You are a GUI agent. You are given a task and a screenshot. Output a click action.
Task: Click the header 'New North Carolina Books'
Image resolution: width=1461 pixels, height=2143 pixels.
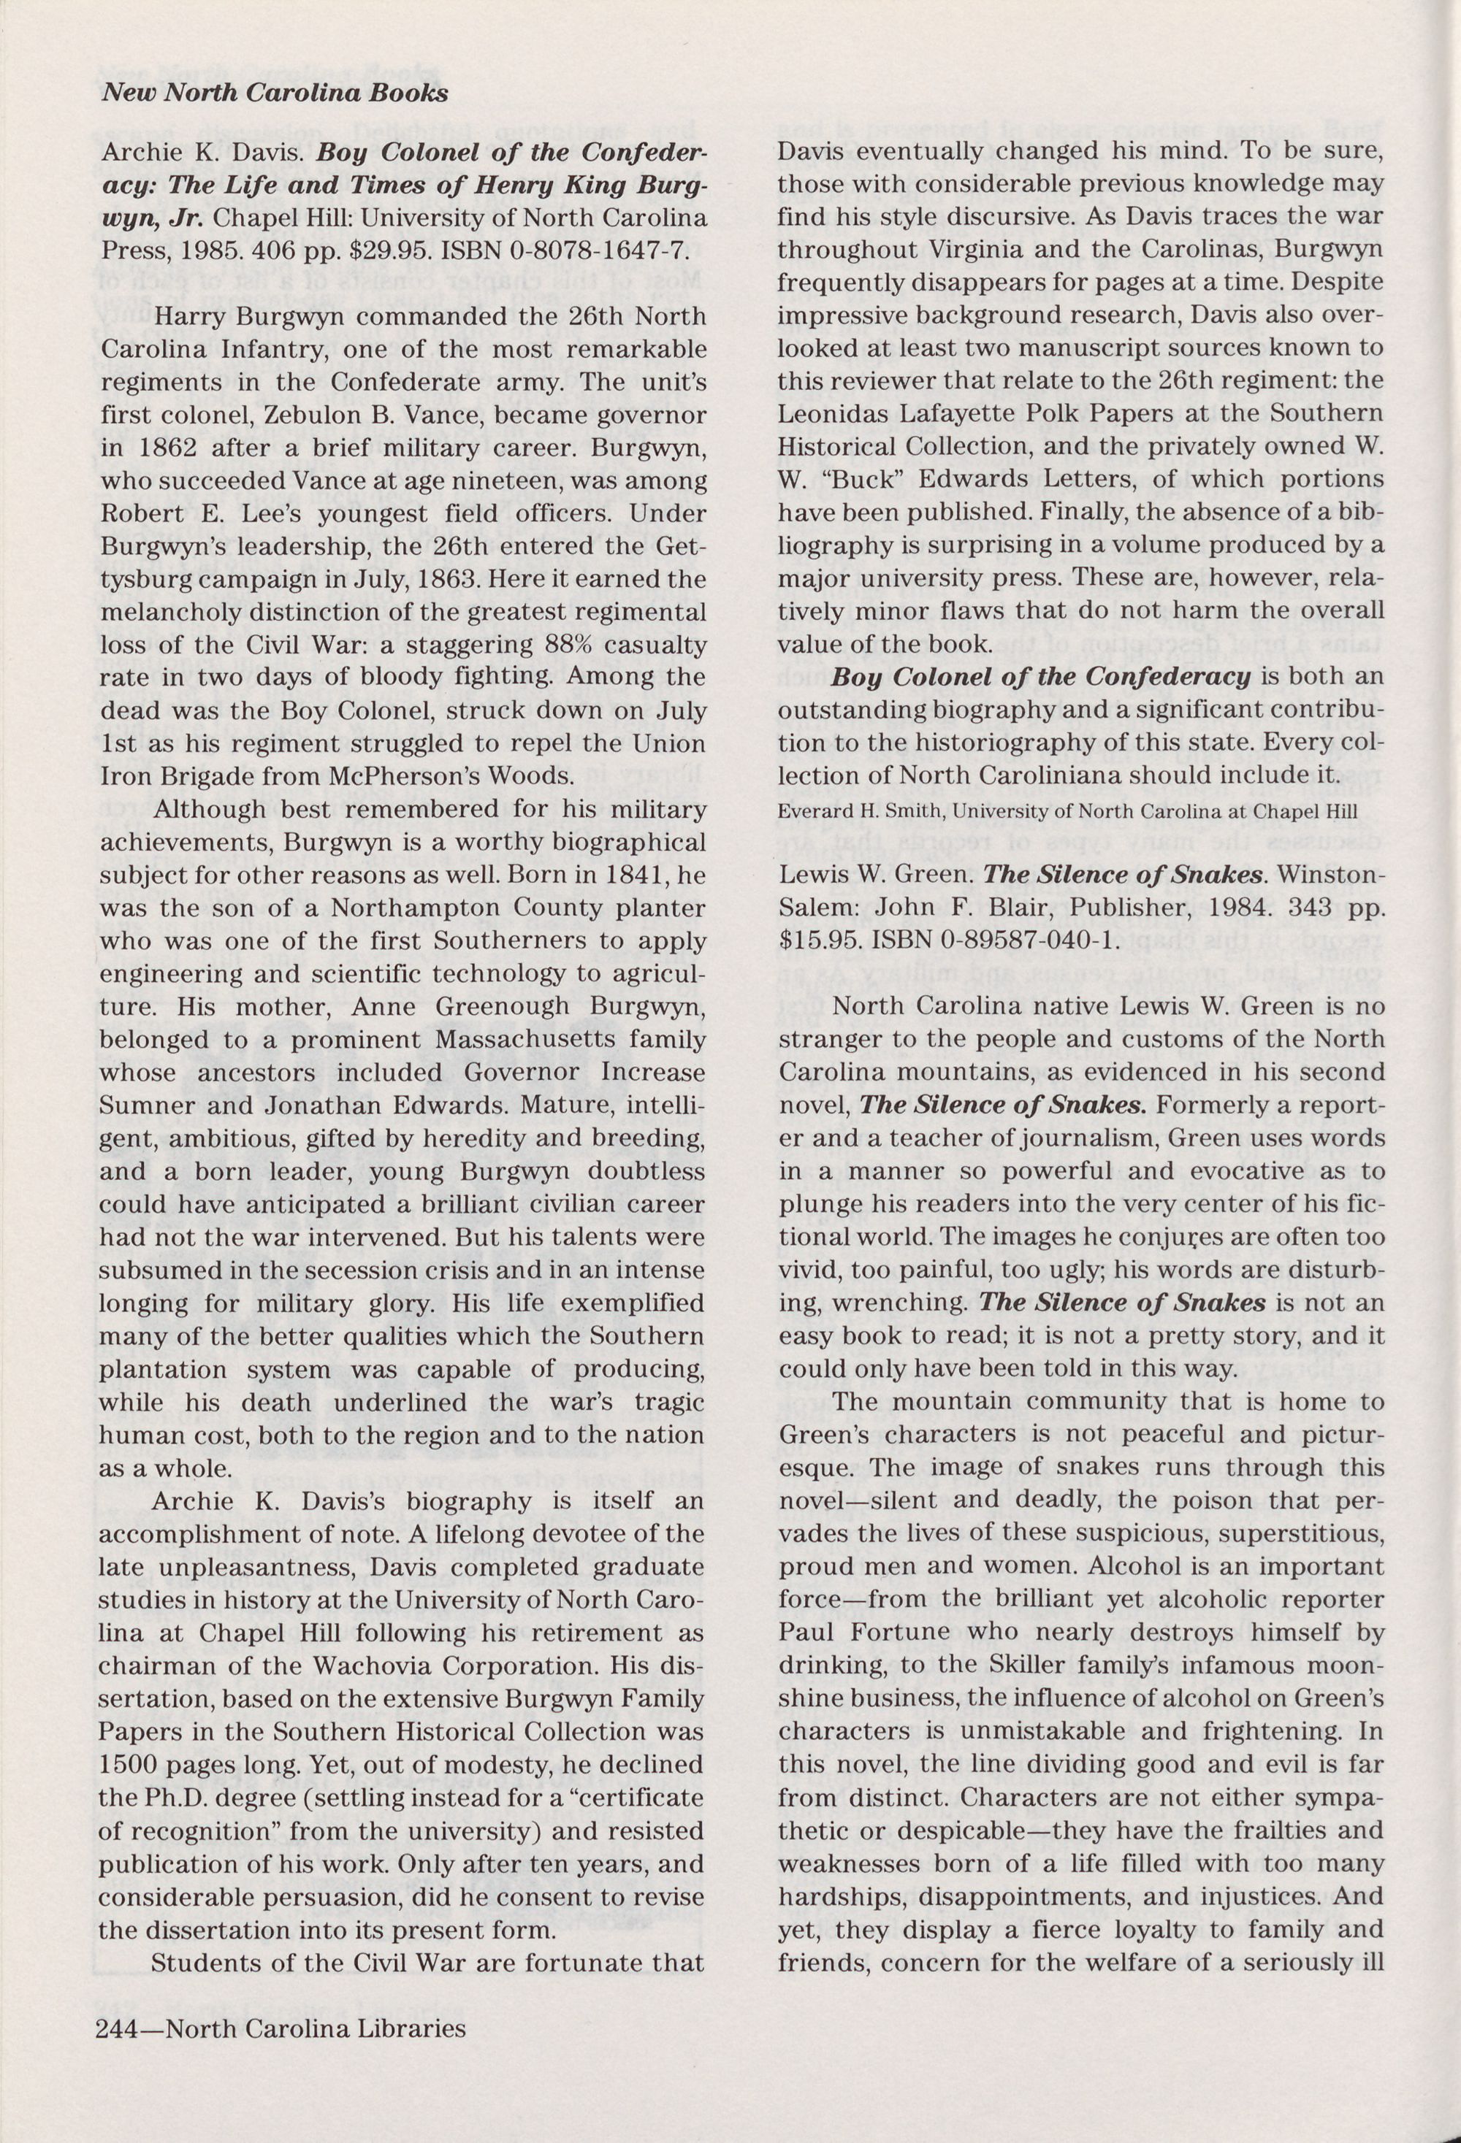click(x=275, y=93)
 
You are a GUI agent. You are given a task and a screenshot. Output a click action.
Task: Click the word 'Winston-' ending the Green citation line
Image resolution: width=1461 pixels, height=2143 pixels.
click(x=1332, y=876)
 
